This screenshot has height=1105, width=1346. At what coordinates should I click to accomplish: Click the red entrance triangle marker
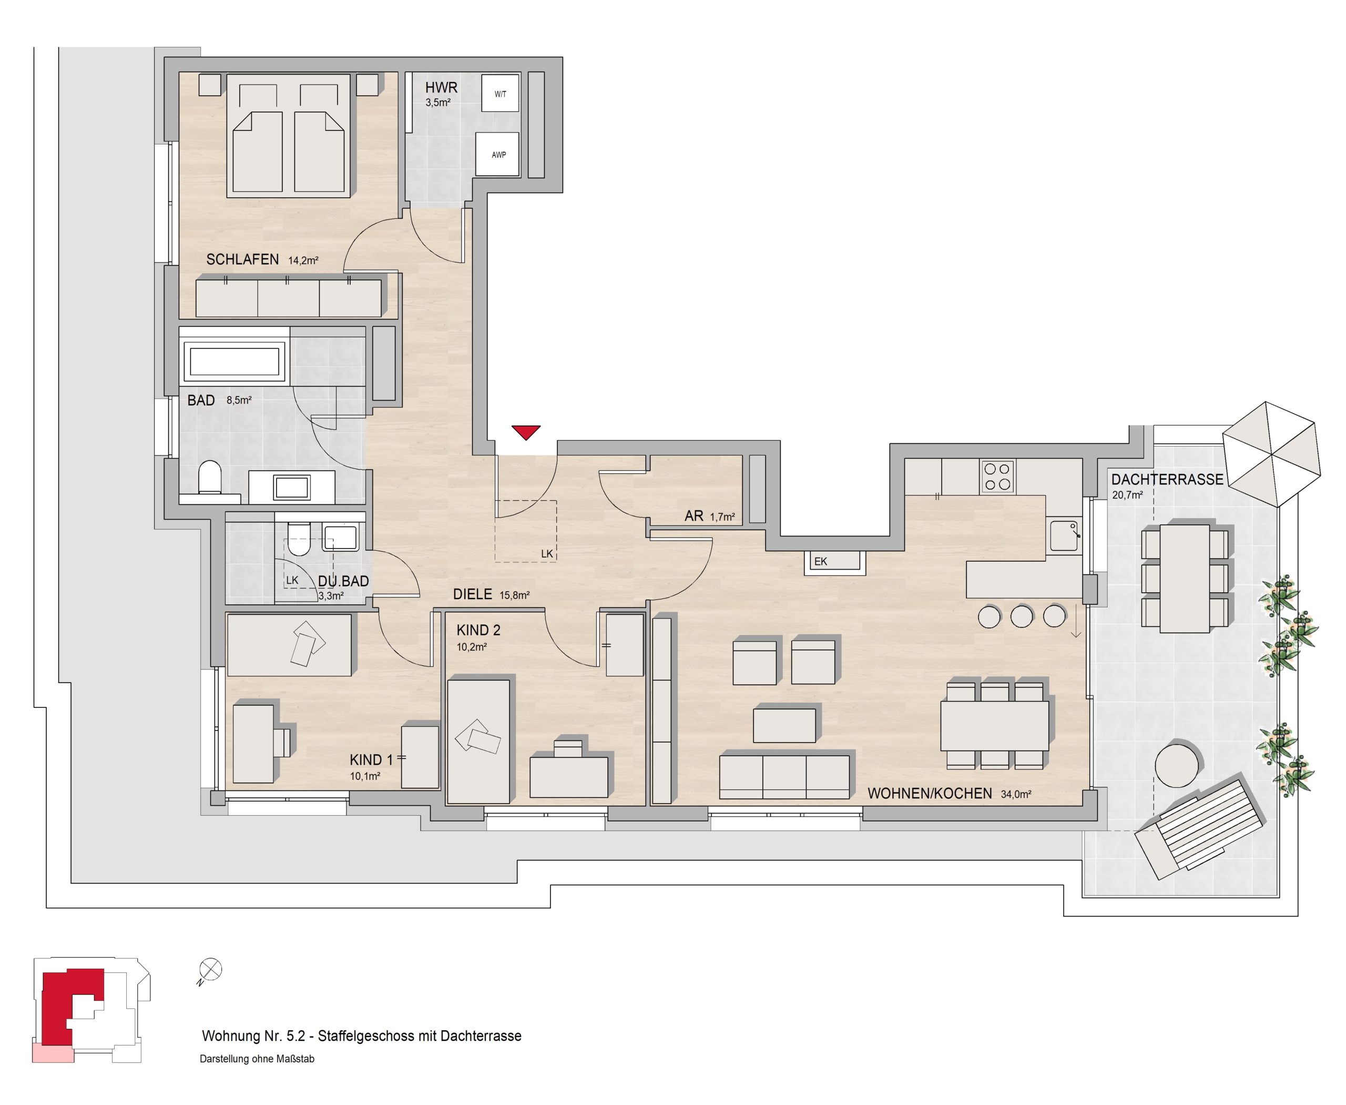click(526, 432)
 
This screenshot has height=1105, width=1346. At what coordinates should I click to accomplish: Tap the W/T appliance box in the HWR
click(500, 94)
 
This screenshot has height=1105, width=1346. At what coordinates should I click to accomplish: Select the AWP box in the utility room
click(498, 154)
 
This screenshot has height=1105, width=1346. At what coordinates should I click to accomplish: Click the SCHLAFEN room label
click(242, 259)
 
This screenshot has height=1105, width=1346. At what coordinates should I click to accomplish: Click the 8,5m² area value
click(239, 400)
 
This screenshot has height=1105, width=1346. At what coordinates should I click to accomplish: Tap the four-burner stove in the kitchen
click(997, 476)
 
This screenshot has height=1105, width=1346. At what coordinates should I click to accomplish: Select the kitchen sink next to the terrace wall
click(1064, 535)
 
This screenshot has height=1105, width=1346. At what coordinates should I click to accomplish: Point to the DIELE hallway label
click(472, 594)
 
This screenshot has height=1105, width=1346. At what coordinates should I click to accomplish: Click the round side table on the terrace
click(1177, 766)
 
